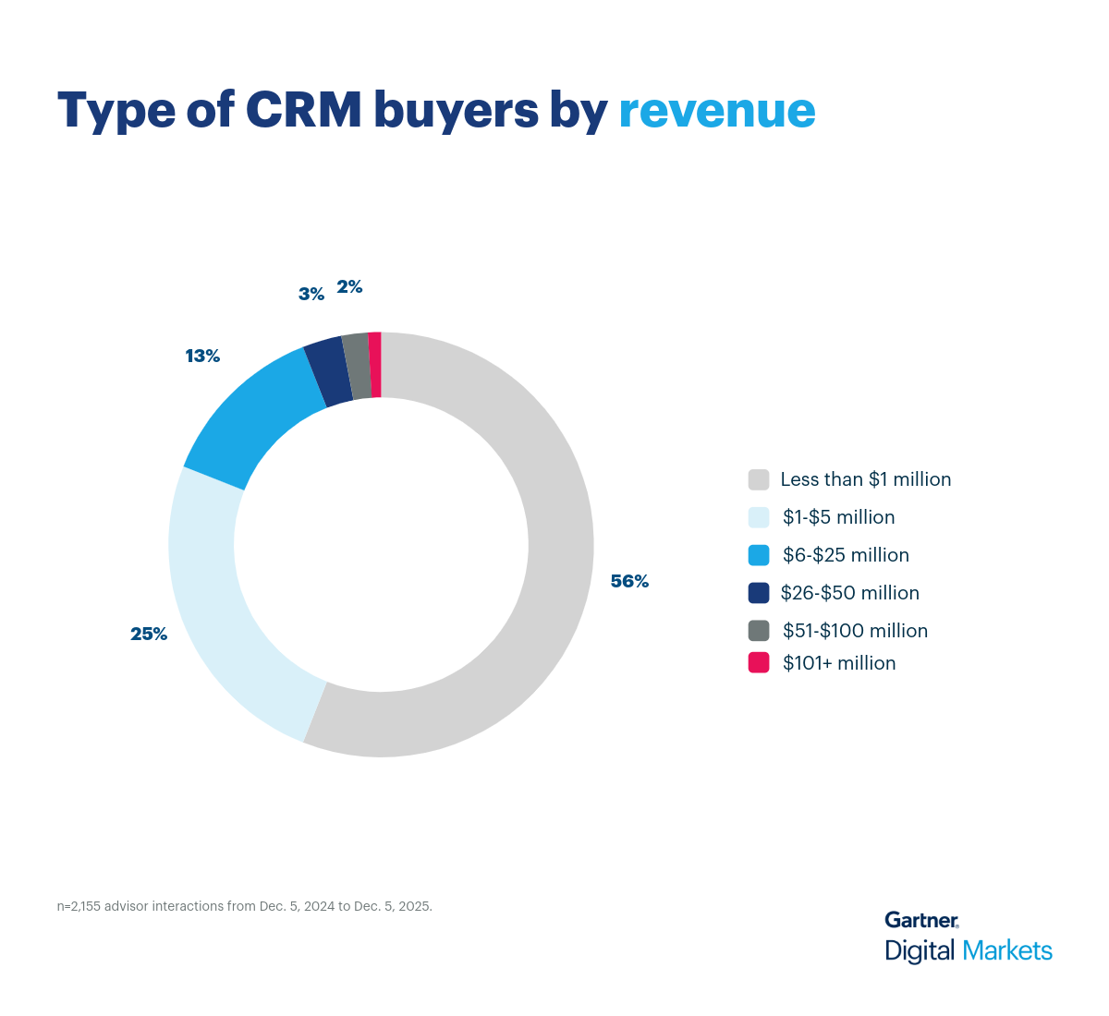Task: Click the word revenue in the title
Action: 716,111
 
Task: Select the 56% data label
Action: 629,582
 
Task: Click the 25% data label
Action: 149,635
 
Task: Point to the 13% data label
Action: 202,356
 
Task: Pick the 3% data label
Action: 311,295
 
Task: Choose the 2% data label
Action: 349,287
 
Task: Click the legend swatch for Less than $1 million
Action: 759,479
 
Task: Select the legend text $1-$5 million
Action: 838,517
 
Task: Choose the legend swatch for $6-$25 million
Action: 759,555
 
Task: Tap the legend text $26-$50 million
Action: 849,593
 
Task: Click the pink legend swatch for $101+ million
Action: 759,662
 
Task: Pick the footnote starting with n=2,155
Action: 245,906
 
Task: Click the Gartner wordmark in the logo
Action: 921,920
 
